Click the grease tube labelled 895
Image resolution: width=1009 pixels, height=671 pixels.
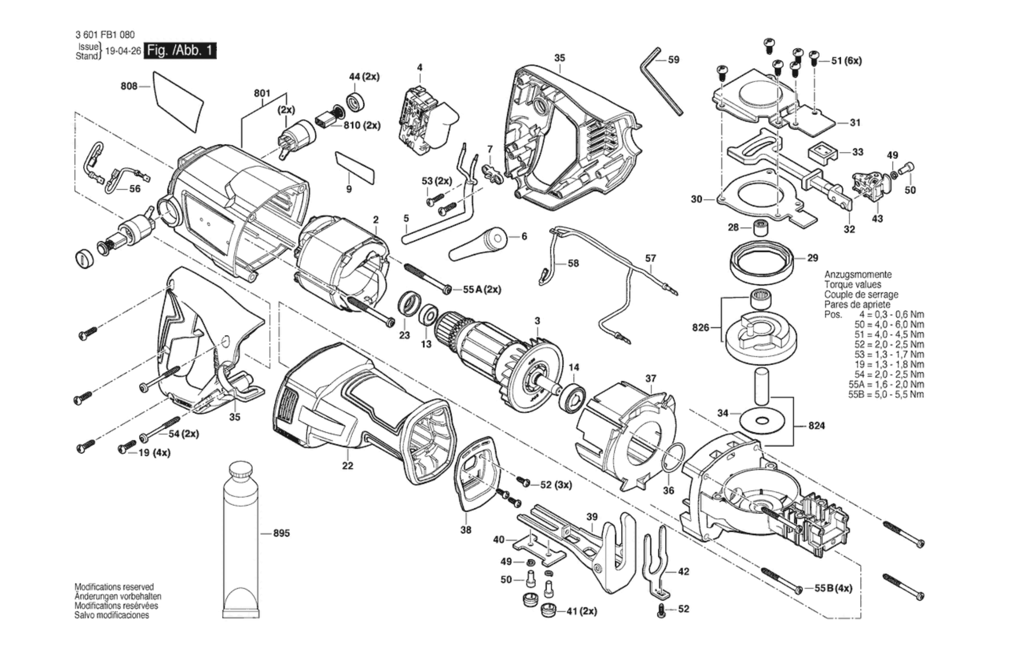pos(241,538)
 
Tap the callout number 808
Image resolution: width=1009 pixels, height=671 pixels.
pos(129,86)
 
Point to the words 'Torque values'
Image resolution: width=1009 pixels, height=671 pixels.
pos(852,284)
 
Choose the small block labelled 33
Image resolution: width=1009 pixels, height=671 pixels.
pos(823,152)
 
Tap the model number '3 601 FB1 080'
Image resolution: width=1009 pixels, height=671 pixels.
pos(105,35)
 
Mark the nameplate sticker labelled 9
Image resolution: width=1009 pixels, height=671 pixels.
pos(354,168)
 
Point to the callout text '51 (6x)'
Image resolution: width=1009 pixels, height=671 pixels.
pos(847,61)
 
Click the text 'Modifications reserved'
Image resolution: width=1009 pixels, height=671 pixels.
pos(114,587)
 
